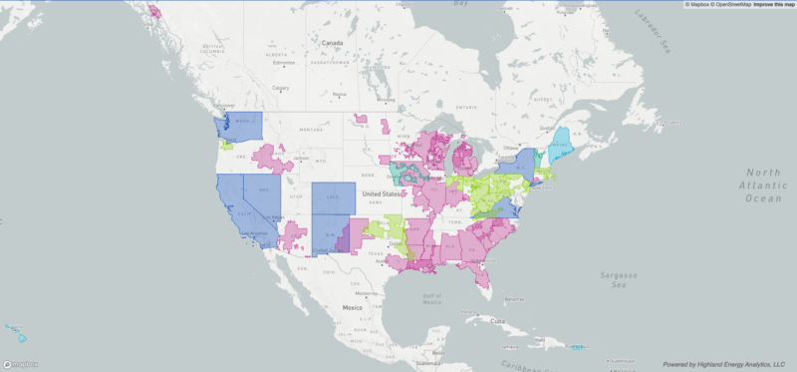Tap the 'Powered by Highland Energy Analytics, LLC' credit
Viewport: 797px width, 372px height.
[724, 365]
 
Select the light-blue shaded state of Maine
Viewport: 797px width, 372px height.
[563, 144]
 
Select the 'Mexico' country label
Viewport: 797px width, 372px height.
[353, 307]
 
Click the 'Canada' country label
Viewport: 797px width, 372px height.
[332, 43]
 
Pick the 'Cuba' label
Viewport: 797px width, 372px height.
[498, 321]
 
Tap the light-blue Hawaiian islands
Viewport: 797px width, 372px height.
[14, 328]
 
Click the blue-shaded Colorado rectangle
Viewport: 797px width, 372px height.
[332, 197]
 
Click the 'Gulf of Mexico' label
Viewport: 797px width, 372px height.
[432, 298]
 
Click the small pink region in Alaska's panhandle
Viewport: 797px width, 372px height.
[155, 13]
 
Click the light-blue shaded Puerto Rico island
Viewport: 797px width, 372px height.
[577, 347]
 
